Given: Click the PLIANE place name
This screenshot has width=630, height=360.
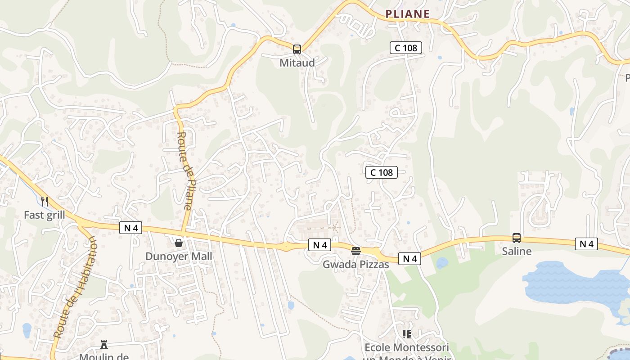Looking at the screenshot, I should [x=407, y=14].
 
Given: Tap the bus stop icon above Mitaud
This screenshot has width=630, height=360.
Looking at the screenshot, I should [x=297, y=49].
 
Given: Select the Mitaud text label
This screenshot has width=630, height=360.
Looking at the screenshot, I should [x=297, y=63].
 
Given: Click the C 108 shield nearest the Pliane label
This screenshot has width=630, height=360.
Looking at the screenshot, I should [x=405, y=47].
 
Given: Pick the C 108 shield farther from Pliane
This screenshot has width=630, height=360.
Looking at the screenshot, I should [x=382, y=172].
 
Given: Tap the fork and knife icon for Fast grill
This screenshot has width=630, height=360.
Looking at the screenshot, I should [x=45, y=201].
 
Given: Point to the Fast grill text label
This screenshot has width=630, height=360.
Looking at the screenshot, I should [x=45, y=215].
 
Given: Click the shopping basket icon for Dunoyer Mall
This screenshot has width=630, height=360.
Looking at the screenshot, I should [x=179, y=243].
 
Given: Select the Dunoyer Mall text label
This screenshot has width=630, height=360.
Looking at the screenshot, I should [x=179, y=256].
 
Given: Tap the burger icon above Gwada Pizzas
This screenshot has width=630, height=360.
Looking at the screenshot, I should [x=356, y=251].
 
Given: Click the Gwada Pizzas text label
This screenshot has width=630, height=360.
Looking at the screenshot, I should [x=355, y=264].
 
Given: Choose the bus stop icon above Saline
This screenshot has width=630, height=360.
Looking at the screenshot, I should [x=517, y=238].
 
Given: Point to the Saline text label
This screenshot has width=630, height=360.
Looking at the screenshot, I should [x=517, y=251].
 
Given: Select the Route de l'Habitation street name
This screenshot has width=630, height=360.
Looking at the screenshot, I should [x=75, y=288].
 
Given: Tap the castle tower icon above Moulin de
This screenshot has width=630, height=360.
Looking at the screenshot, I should [x=104, y=345].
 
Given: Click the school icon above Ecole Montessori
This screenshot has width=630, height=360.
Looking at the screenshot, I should [x=407, y=334].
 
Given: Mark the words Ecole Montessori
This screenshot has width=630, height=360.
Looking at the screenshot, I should [x=407, y=347].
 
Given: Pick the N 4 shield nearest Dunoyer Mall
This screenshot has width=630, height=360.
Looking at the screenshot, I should [x=130, y=228].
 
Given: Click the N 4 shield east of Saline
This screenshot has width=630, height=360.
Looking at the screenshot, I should [x=586, y=244].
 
